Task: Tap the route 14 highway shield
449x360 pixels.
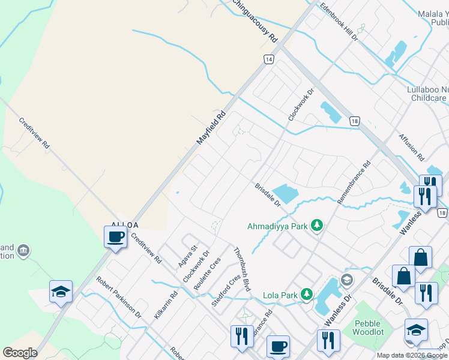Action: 268,59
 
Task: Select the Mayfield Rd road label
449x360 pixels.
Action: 211,127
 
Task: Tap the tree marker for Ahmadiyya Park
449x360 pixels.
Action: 317,226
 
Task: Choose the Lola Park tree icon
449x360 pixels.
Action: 307,295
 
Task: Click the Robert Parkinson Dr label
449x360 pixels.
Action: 119,297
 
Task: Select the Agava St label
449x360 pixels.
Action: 187,256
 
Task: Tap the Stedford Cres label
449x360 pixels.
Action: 226,290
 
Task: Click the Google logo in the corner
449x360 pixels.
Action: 20,353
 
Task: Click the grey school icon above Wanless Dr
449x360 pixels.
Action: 347,280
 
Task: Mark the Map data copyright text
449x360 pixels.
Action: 412,356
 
